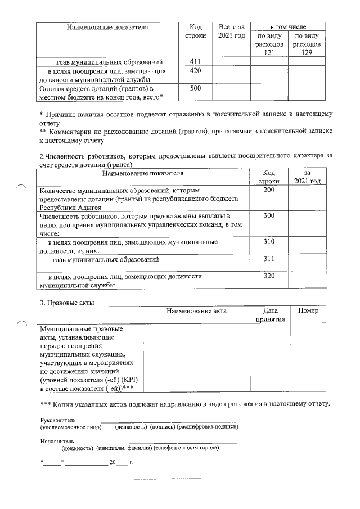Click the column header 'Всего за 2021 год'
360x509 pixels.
[231, 31]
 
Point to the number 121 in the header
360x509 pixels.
[269, 52]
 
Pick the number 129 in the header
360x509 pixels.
[306, 52]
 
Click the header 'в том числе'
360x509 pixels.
[287, 27]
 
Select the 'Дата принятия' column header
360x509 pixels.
[270, 315]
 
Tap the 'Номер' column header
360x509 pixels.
[308, 311]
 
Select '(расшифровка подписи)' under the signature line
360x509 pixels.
[207, 427]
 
